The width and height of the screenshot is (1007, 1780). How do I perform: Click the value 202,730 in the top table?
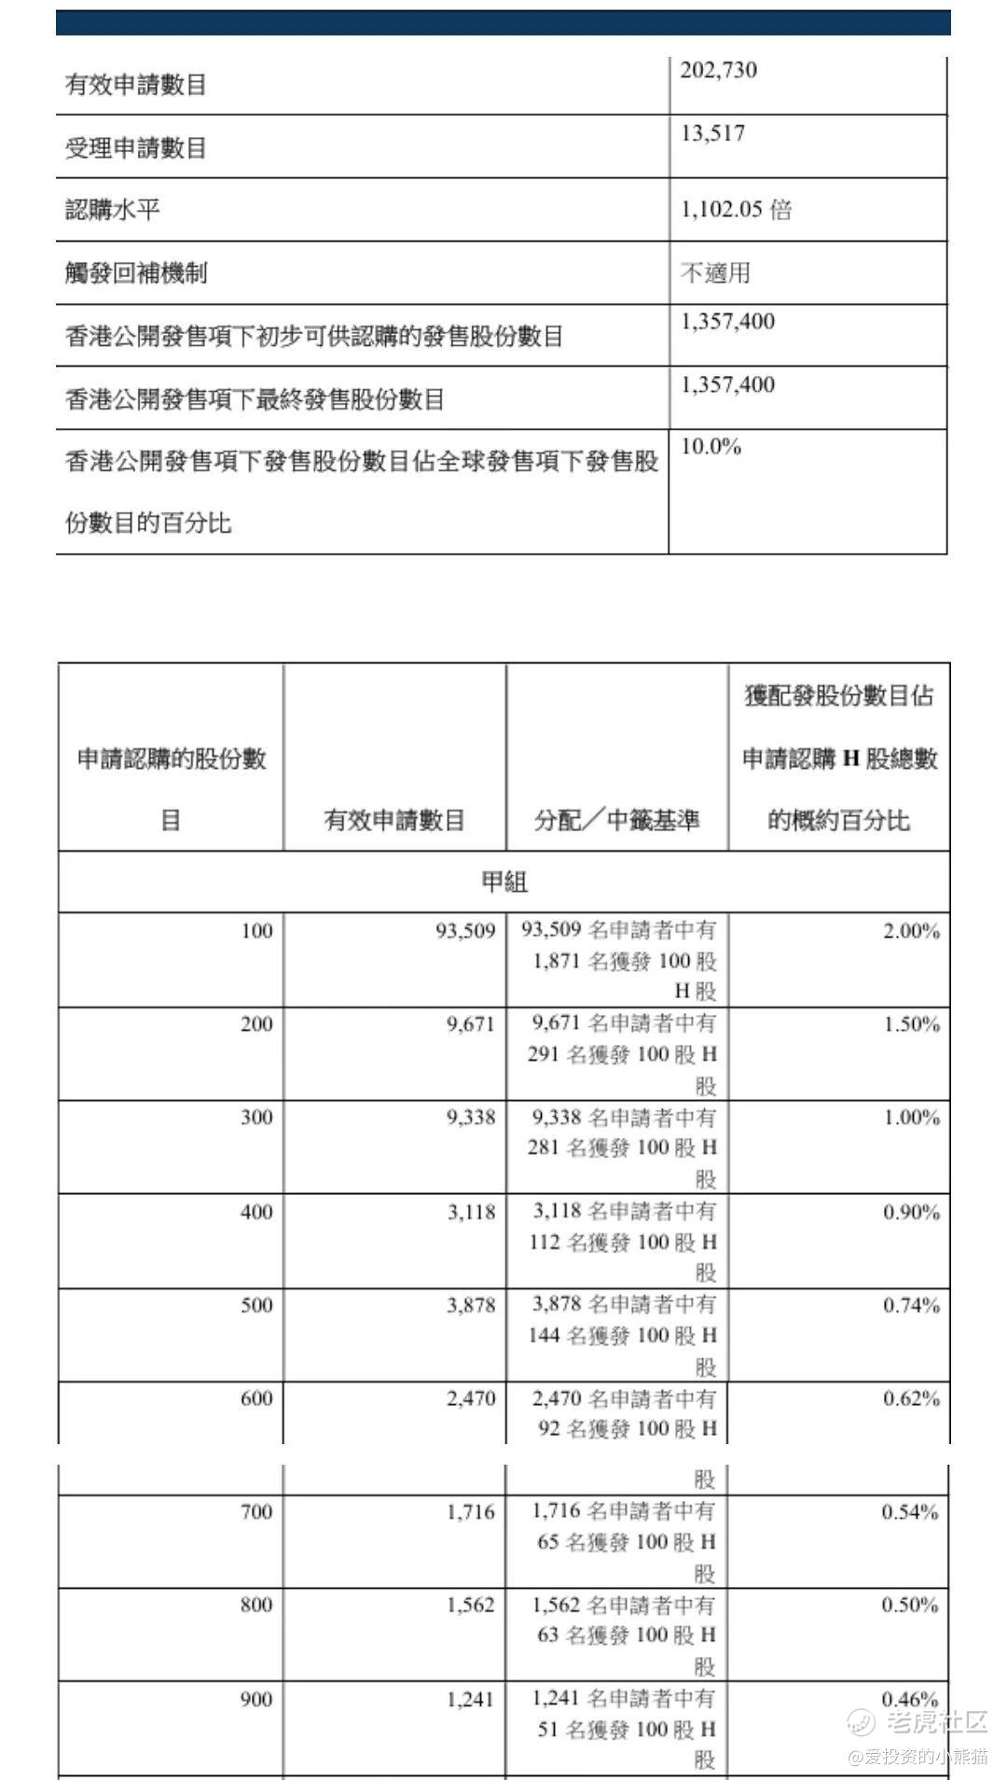click(718, 71)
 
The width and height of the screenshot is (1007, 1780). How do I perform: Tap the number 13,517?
click(712, 134)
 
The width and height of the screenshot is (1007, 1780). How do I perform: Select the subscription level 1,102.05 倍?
click(736, 210)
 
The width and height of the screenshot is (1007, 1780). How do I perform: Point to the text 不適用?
click(715, 273)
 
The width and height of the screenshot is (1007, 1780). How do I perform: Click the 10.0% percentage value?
click(710, 447)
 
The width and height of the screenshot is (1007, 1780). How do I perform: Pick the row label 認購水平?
click(113, 210)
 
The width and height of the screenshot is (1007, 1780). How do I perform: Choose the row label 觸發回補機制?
click(136, 273)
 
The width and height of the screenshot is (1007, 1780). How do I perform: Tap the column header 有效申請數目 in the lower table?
click(394, 820)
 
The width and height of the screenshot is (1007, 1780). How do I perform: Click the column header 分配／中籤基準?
click(616, 820)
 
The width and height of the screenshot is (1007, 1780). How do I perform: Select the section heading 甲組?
click(504, 882)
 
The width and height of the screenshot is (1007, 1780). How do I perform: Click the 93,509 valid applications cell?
click(465, 931)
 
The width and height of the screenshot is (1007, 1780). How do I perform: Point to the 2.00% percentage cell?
click(911, 931)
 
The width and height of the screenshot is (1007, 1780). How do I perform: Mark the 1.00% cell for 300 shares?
click(911, 1118)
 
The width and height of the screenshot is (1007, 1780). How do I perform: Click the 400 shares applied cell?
click(256, 1212)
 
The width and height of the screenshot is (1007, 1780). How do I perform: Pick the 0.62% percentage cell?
click(911, 1398)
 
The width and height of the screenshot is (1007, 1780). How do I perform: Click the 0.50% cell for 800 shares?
click(910, 1606)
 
